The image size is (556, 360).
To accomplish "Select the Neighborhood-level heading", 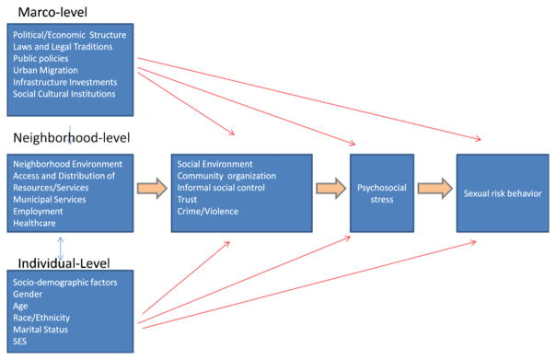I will click(x=71, y=138).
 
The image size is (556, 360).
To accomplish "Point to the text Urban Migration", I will click(x=45, y=70).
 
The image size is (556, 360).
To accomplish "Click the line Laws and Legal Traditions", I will click(x=64, y=46).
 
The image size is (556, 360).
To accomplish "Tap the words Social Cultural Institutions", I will click(x=64, y=94).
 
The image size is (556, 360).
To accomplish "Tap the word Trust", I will click(x=187, y=199).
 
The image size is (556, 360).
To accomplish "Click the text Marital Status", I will click(x=42, y=329).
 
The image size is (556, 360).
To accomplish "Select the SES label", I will click(x=21, y=341).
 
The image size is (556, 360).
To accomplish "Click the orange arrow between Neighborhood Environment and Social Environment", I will click(x=148, y=190).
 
